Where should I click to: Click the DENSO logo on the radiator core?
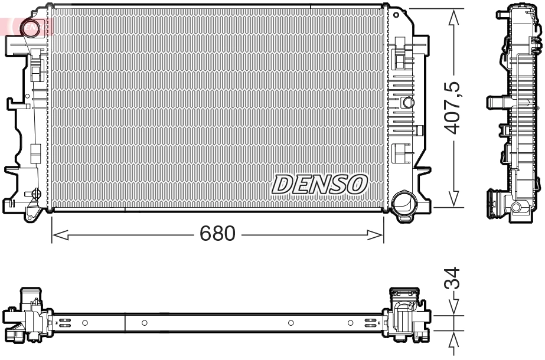[x=319, y=184]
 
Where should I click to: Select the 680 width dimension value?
[x=217, y=234]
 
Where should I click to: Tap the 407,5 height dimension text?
[x=453, y=108]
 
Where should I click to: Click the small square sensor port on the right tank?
[x=407, y=102]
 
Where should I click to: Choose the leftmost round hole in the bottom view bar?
[x=84, y=323]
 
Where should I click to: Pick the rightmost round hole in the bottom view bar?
[x=350, y=323]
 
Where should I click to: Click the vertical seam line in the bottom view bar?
[x=125, y=323]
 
